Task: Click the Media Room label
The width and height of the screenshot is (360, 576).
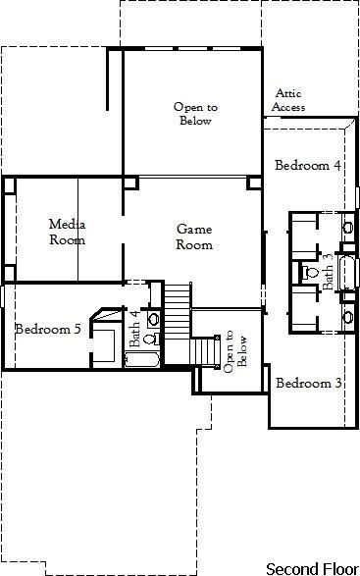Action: tap(67, 233)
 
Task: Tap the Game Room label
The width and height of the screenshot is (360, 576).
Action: tap(193, 236)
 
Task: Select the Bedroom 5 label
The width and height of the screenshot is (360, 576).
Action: tap(48, 329)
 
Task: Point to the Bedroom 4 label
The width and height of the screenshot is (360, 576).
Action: tap(307, 165)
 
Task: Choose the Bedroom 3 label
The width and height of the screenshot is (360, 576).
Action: tap(308, 383)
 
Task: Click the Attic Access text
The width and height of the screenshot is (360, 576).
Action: tap(289, 100)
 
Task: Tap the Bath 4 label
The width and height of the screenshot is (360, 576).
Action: tap(135, 328)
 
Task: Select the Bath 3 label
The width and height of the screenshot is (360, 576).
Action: tap(328, 270)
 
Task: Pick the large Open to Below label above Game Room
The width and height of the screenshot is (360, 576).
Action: tap(193, 114)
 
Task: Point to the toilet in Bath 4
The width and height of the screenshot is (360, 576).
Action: tap(149, 339)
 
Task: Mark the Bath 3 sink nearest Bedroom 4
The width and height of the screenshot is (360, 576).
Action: tap(347, 228)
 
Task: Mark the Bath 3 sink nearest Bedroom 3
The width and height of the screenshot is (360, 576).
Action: tap(347, 316)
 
